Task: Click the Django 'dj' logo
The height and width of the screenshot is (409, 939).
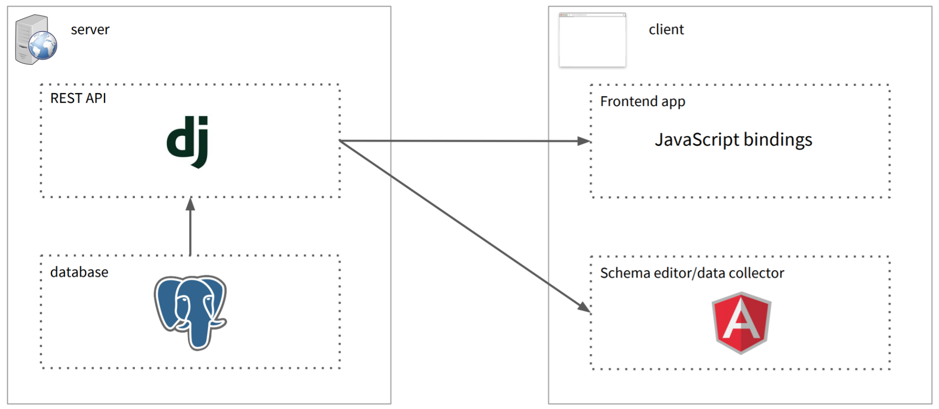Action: click(x=188, y=141)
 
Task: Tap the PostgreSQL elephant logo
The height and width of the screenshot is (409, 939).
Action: click(x=190, y=311)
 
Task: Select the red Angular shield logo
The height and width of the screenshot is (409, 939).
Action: click(x=741, y=322)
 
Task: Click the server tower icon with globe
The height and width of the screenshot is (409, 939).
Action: click(x=35, y=40)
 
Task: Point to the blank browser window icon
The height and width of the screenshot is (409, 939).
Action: click(x=592, y=40)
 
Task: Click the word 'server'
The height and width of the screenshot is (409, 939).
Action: click(x=90, y=30)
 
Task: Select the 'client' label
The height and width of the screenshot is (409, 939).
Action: click(x=666, y=30)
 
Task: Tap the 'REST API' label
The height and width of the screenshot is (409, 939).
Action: click(x=78, y=98)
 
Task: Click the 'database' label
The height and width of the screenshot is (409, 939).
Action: click(x=79, y=272)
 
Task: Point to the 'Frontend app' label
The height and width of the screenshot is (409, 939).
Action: click(x=643, y=101)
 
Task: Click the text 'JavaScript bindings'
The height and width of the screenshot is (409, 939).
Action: click(x=733, y=140)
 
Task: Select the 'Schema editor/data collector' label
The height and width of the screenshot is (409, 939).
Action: click(x=692, y=273)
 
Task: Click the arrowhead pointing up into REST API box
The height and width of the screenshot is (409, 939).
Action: click(x=190, y=204)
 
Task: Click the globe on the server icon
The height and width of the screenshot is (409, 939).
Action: click(x=43, y=46)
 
